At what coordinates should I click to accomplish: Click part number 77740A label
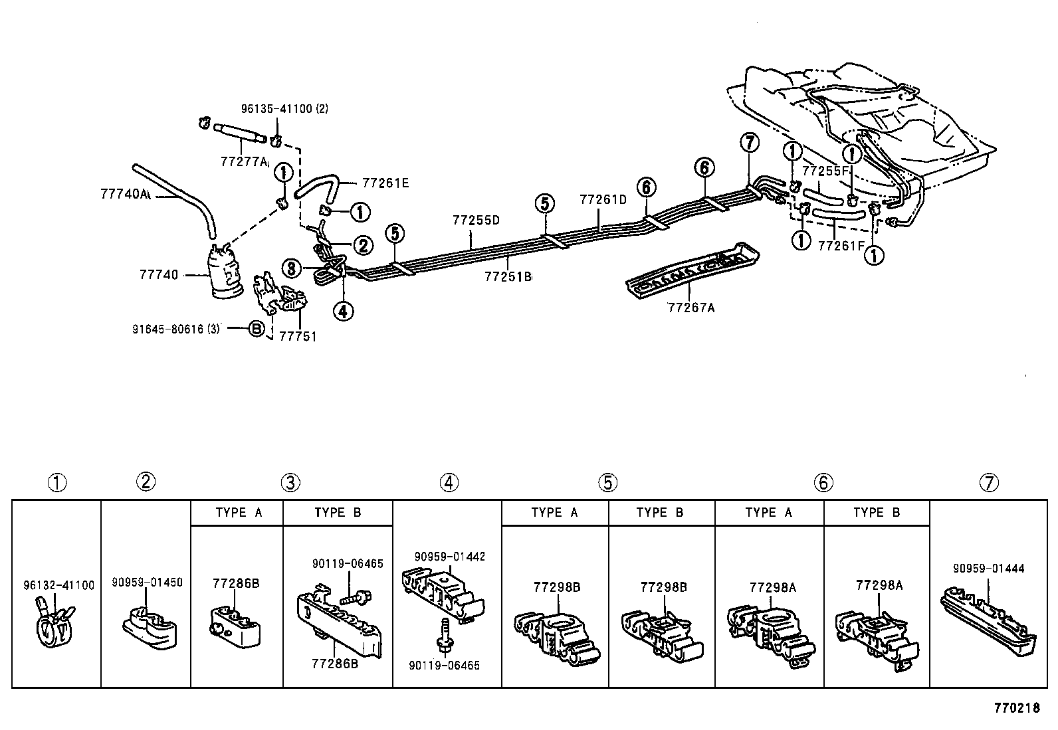coord(124,194)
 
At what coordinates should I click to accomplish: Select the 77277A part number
coord(244,161)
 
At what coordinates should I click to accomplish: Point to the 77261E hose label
coord(385,183)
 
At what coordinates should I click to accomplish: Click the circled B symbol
coord(257,327)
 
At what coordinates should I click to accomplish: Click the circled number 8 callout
coord(291,268)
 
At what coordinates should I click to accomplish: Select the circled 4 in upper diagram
coord(344,310)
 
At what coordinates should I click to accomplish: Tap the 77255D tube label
coord(475,220)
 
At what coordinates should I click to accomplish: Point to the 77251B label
coord(508,276)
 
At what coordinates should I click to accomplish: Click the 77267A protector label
coord(690,308)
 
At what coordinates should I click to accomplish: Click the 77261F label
coord(841,245)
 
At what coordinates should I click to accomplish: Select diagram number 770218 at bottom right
coord(1016,708)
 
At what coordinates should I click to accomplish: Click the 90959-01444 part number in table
coord(988,568)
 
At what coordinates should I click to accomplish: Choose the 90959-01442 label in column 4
coord(449,556)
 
